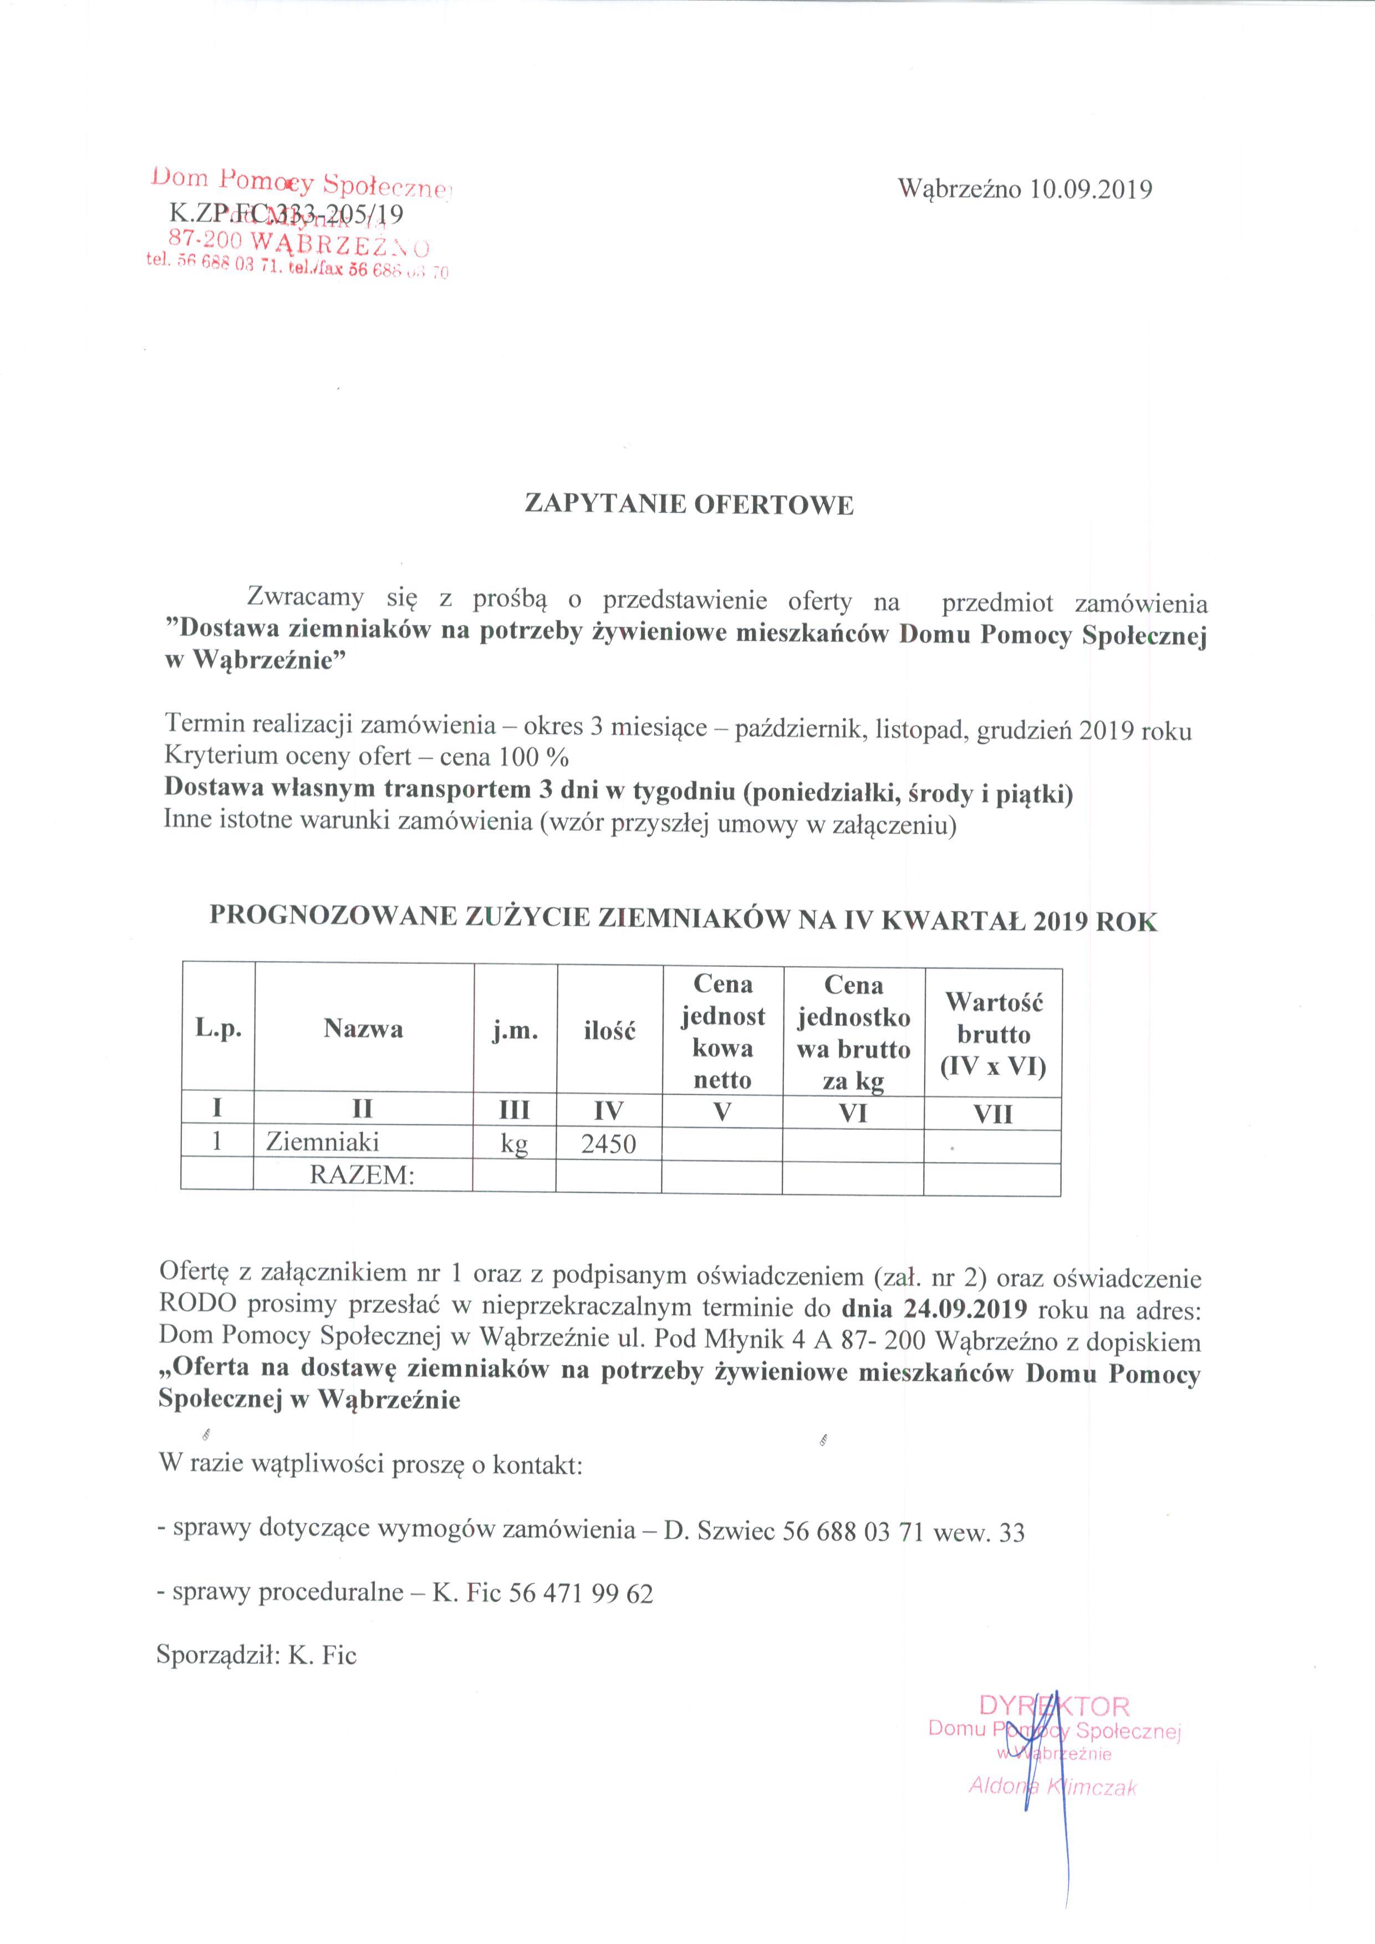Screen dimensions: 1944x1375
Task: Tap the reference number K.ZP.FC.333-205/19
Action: click(286, 214)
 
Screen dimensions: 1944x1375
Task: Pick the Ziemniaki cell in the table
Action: click(323, 1142)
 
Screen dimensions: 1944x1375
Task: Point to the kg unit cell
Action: click(514, 1144)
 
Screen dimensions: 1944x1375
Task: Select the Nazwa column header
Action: click(363, 1029)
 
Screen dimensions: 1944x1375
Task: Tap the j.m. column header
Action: click(515, 1030)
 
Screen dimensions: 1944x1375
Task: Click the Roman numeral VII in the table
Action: click(993, 1114)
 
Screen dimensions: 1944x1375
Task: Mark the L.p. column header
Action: click(218, 1029)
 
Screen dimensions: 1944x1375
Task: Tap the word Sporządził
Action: click(217, 1655)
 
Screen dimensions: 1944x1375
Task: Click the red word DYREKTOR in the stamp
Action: click(1053, 1705)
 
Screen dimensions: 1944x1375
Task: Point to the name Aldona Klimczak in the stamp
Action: click(1052, 1787)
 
